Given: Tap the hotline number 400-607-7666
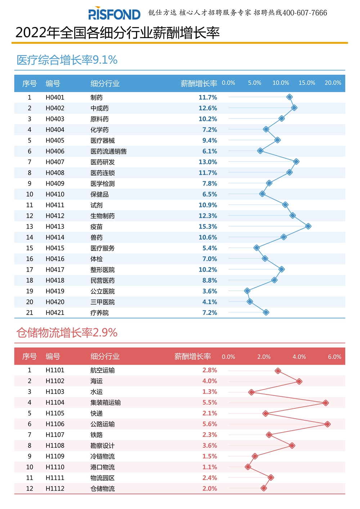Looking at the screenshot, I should [x=305, y=13].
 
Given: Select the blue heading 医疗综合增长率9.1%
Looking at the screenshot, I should [x=67, y=60].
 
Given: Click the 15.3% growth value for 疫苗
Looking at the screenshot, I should [x=208, y=226].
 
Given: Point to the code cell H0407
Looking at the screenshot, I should [x=55, y=162].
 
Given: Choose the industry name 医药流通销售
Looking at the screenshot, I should [x=108, y=151].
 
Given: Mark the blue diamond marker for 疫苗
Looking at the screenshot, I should [x=308, y=226].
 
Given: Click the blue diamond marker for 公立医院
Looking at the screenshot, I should [x=247, y=290].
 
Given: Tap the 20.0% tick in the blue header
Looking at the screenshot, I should [x=333, y=83].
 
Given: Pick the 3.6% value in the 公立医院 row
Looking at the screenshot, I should [x=210, y=291].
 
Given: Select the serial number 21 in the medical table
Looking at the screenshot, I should [x=30, y=313].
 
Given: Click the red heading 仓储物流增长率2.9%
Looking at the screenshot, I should [x=67, y=333].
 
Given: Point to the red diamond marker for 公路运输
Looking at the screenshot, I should [x=327, y=424].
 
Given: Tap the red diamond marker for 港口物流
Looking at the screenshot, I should [x=248, y=467].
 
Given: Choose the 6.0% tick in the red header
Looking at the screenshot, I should [x=334, y=357].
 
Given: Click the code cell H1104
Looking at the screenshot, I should [x=55, y=402].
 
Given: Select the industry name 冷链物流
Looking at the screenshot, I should [x=102, y=456].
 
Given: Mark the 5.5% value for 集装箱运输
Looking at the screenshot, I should [x=210, y=402].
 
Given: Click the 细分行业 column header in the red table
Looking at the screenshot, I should [x=105, y=356].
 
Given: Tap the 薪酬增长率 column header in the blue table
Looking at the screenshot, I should [x=199, y=84].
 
